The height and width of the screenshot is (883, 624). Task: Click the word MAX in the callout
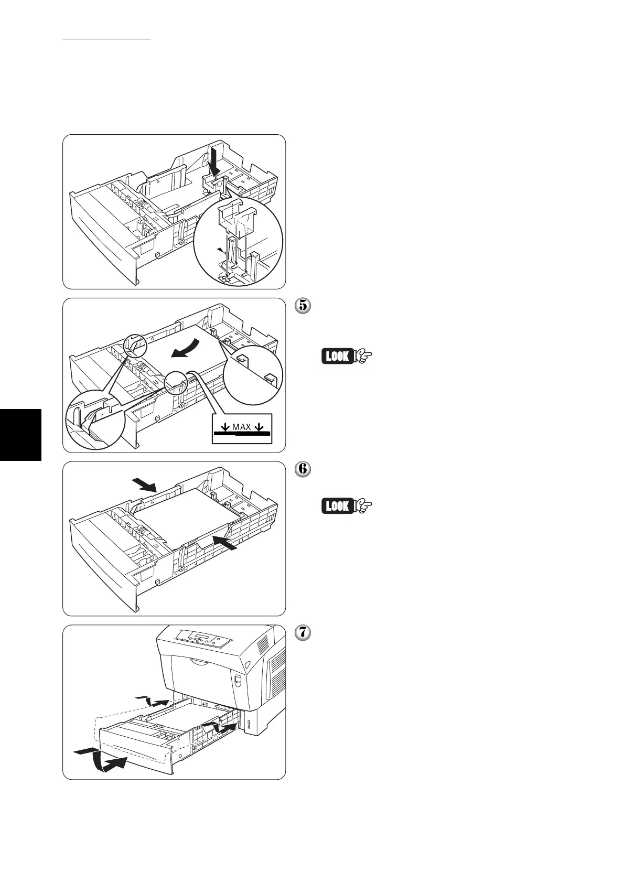tap(242, 427)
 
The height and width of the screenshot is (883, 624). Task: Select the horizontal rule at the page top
tap(106, 39)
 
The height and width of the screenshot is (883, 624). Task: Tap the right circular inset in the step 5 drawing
tap(253, 374)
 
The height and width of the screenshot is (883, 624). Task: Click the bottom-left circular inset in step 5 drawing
tap(94, 419)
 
